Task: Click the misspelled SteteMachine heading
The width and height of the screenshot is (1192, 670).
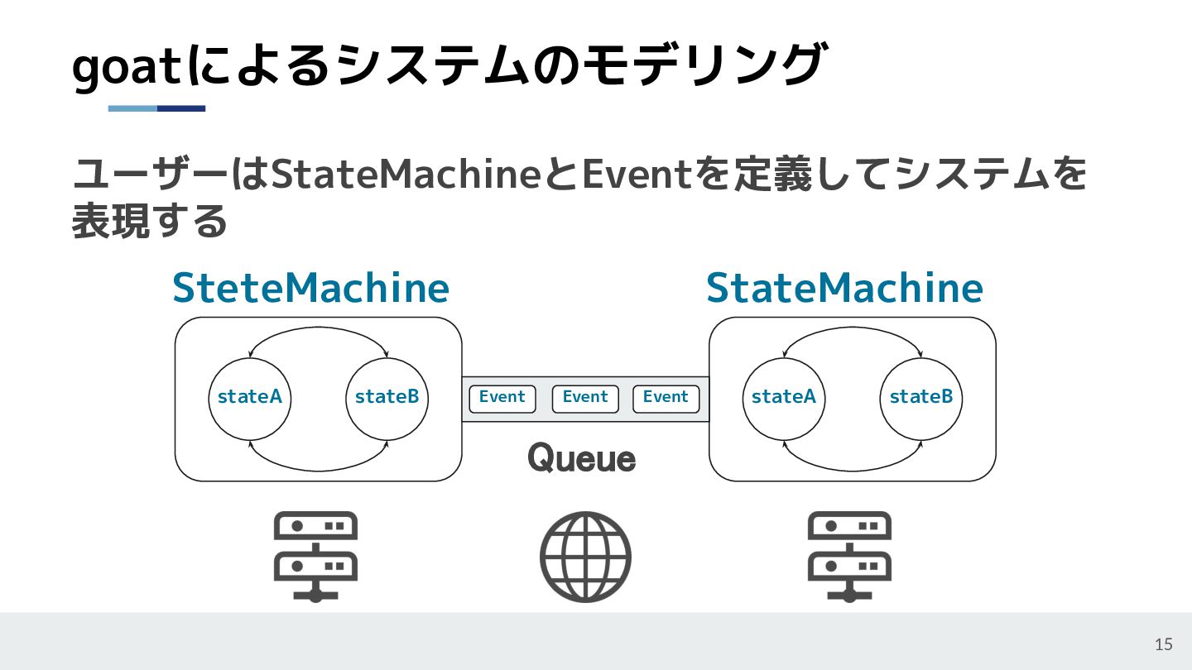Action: point(310,288)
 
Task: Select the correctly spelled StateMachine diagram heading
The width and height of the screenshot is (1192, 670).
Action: point(844,288)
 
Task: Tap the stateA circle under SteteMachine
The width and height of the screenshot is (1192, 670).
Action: point(249,398)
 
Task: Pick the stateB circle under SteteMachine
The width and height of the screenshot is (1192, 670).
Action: point(387,398)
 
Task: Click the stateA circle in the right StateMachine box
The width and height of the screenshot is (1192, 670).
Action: point(783,398)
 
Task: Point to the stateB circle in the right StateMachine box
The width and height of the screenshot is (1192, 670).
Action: point(920,398)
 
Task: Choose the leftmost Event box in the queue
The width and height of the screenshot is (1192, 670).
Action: point(502,398)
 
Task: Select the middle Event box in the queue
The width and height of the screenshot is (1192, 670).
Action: point(585,398)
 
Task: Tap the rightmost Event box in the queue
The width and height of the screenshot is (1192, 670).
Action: point(666,398)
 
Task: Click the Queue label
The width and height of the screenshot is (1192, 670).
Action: point(582,457)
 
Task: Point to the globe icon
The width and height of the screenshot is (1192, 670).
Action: point(585,557)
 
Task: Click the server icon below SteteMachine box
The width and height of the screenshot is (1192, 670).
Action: point(315,555)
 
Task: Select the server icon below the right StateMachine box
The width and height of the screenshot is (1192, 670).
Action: point(849,555)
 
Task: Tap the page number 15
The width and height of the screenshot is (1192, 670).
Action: point(1163,644)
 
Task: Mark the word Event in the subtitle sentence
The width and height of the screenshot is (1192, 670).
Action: point(637,175)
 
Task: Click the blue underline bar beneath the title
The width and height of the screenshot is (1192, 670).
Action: point(156,108)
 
